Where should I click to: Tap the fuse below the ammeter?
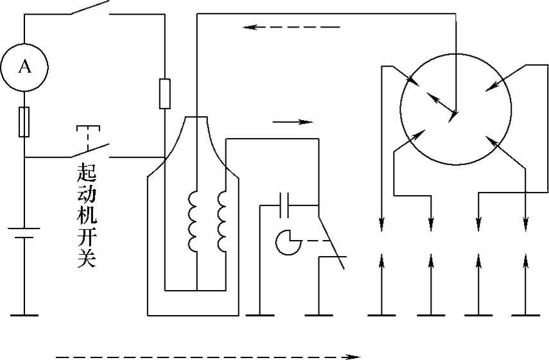[24, 121]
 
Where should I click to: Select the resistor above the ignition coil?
[164, 94]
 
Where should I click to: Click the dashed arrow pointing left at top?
[292, 27]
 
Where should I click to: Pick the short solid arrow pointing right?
[292, 121]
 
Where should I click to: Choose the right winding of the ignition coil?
[222, 221]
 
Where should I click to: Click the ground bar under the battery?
[24, 315]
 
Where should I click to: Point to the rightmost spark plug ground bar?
[526, 315]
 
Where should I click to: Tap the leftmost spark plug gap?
[382, 241]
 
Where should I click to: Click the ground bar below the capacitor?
[260, 315]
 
